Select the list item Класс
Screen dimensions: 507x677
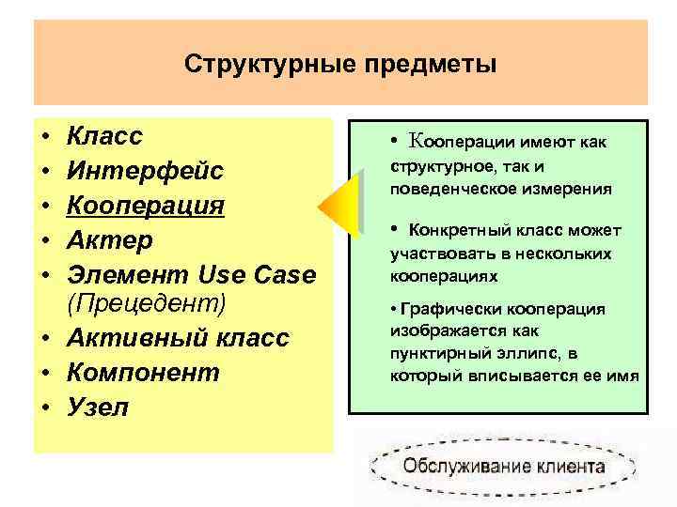point(104,137)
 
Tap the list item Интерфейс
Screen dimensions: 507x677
point(145,171)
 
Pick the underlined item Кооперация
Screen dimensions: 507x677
point(145,205)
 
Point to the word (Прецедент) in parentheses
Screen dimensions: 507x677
point(147,305)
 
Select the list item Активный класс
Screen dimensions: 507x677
point(178,339)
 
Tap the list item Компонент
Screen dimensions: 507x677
point(143,373)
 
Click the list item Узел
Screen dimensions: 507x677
point(98,407)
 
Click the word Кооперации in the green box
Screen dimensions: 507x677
point(455,143)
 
